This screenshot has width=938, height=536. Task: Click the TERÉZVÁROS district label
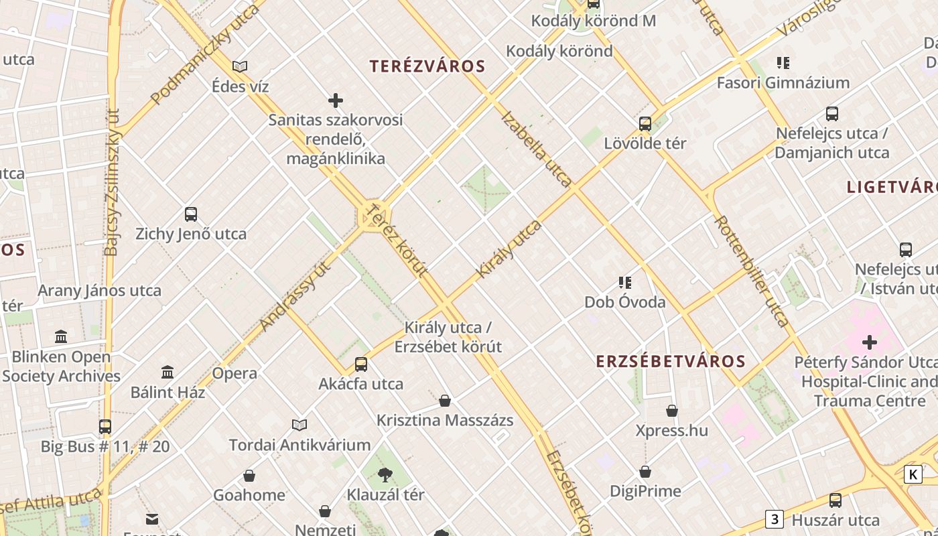pos(427,66)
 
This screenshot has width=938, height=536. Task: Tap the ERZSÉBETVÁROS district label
pos(671,362)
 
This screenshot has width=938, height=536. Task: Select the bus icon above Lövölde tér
pos(645,123)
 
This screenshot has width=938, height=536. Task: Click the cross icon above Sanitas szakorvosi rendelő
pos(336,100)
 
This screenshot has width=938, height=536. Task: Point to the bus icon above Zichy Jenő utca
pos(191,214)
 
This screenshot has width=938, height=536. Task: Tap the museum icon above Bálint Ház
pos(167,372)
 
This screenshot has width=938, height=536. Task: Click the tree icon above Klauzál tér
pos(385,475)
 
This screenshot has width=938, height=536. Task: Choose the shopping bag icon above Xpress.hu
pos(672,411)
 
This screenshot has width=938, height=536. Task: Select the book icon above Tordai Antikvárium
pos(299,425)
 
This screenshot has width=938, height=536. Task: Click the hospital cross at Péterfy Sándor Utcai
pos(870,343)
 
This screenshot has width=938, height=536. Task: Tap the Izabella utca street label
pos(536,149)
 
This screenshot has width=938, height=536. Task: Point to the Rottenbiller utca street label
pos(752,271)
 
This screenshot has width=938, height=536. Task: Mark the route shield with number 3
pos(775,519)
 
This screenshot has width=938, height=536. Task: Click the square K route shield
pos(913,474)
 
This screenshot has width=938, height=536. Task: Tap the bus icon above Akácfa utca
pos(361,364)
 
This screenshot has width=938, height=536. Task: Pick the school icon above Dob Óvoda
pos(625,282)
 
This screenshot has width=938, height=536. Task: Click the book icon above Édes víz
pos(240,66)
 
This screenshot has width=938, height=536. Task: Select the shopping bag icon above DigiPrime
pos(645,472)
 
